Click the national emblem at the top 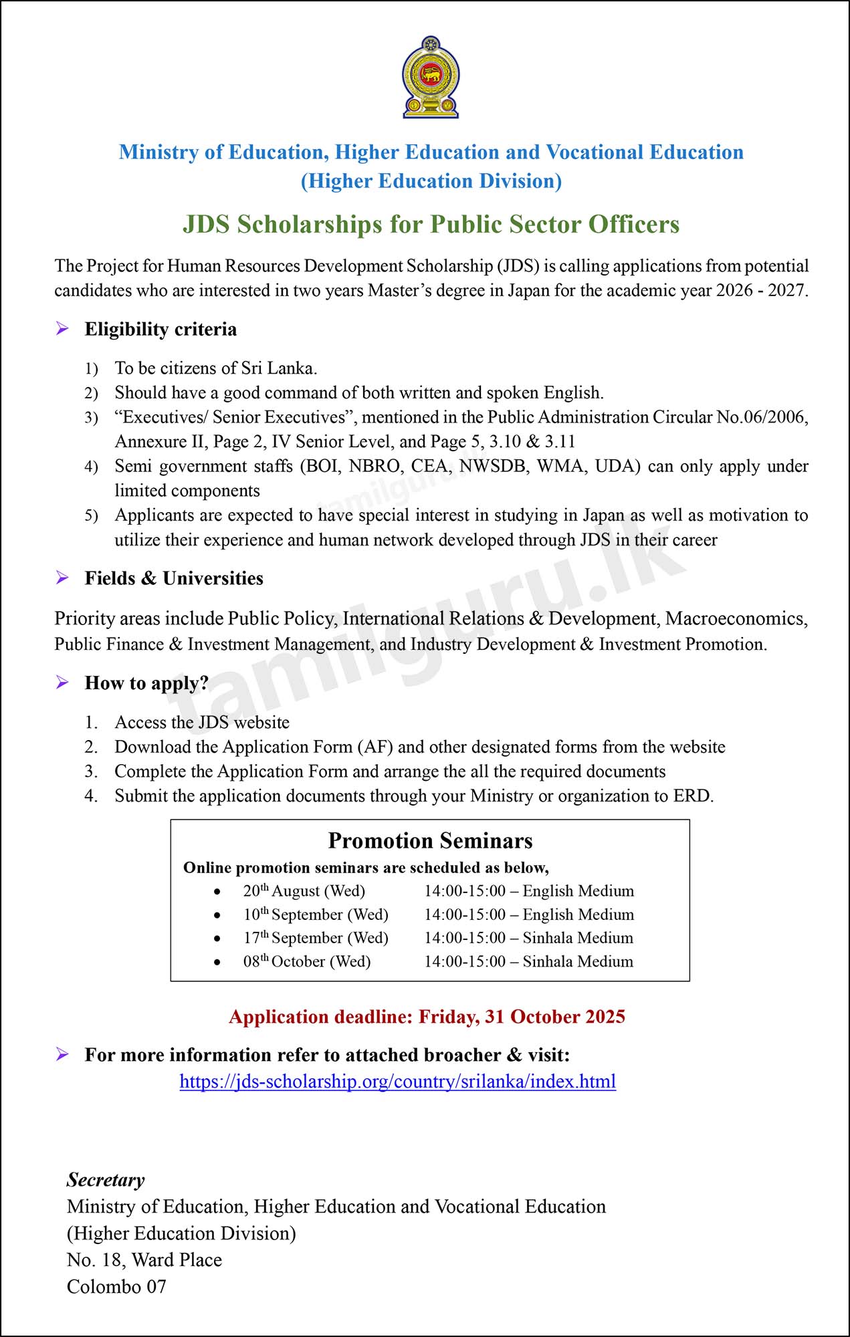[431, 78]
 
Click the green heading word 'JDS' [206, 225]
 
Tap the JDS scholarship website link [397, 1081]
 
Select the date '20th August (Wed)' [304, 891]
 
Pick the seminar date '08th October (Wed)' [306, 961]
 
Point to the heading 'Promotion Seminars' [430, 840]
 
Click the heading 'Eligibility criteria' [161, 329]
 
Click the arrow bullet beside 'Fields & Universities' [62, 578]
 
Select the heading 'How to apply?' [146, 683]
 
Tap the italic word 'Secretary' [106, 1180]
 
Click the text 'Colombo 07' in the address [116, 1287]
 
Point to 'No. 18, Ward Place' [144, 1260]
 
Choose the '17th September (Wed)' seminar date [315, 938]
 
